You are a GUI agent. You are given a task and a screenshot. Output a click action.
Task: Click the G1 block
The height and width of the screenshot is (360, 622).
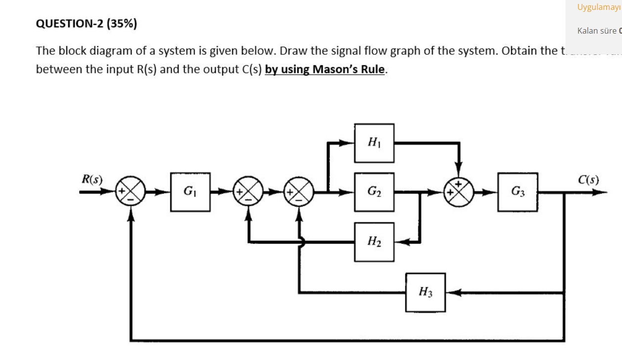(x=190, y=191)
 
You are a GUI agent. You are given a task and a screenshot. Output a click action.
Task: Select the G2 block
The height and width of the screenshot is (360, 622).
(x=374, y=191)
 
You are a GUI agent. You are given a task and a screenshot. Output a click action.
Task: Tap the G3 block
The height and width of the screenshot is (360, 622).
(x=518, y=191)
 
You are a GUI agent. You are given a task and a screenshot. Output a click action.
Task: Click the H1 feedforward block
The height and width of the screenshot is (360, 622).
(x=374, y=143)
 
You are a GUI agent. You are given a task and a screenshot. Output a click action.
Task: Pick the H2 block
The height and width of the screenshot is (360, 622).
(x=374, y=242)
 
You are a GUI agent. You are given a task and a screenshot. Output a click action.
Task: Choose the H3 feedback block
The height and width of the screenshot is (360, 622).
(x=425, y=292)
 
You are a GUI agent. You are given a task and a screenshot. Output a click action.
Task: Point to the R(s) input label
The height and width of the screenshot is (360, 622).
(x=92, y=180)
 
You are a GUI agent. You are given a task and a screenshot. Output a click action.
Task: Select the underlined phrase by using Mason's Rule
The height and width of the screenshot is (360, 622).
(x=326, y=69)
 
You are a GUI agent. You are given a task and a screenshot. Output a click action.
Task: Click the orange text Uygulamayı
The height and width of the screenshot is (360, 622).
(x=598, y=7)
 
